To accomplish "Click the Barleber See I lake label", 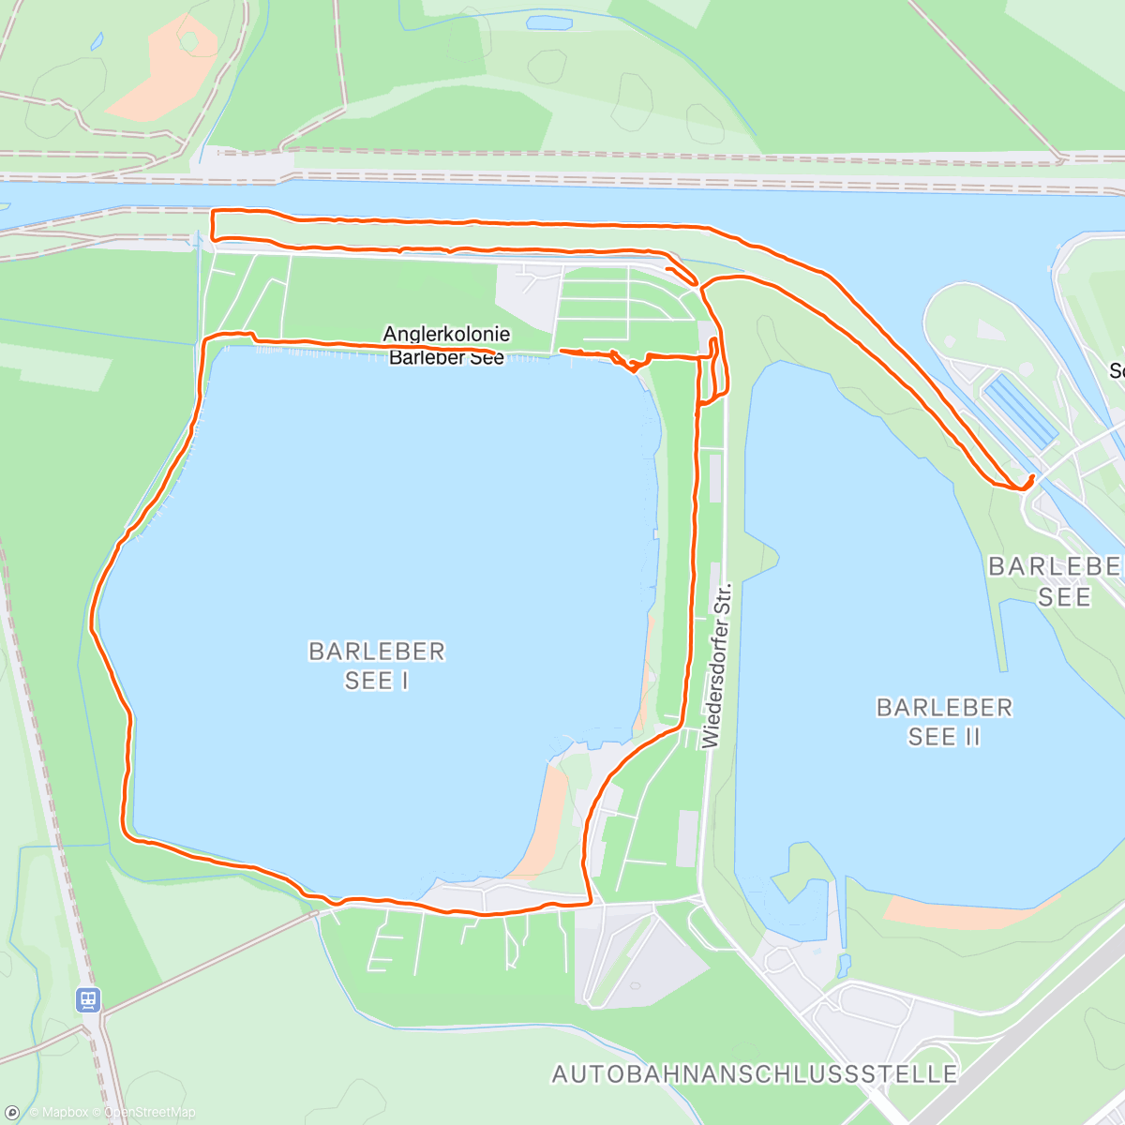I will (x=376, y=666).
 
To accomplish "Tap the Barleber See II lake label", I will (x=944, y=722).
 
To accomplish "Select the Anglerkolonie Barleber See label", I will (x=446, y=345).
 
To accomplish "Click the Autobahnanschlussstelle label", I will (x=755, y=1074).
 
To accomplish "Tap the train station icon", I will (x=88, y=1000).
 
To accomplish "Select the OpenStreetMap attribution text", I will (x=149, y=1113).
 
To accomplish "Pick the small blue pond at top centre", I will (x=548, y=22).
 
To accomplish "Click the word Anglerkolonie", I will (x=446, y=334).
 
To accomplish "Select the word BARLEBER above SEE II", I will (x=944, y=707).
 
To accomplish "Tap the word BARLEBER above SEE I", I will (x=376, y=651).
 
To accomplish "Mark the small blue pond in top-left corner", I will (x=97, y=41).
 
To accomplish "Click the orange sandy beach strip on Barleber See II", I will (x=966, y=911).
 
